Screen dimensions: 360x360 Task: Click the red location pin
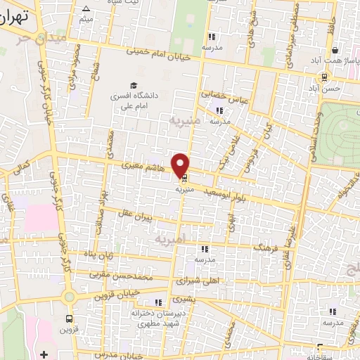point(181,165)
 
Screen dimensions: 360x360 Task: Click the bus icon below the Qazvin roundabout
point(69,318)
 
